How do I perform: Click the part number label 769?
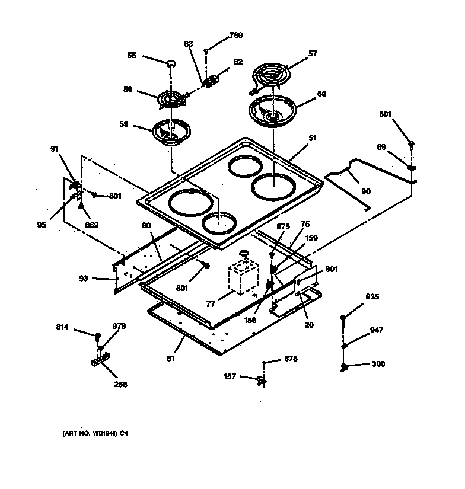pos(235,36)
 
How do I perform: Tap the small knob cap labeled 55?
pos(170,63)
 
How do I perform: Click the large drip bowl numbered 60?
pos(273,111)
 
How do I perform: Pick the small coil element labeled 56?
pos(171,100)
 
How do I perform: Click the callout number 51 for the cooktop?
pos(312,138)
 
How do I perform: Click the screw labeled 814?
pos(96,337)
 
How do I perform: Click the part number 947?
pos(376,330)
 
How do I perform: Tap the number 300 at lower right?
pos(378,364)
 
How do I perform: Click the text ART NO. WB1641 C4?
pos(95,434)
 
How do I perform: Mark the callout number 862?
pos(91,225)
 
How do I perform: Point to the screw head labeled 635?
pos(343,319)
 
